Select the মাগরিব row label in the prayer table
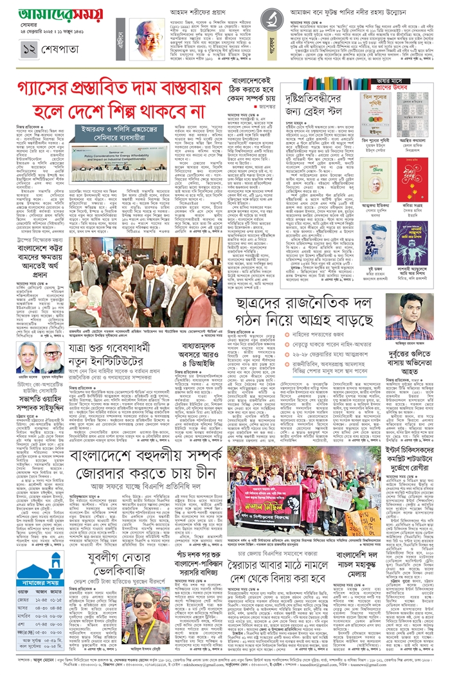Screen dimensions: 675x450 tap(19, 615)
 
